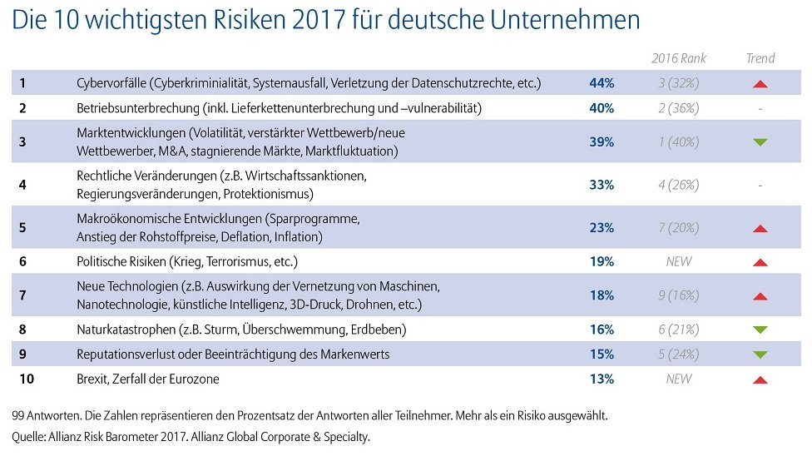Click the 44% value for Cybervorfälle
pyautogui.click(x=602, y=83)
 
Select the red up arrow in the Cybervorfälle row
pyautogui.click(x=760, y=84)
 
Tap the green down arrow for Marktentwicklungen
pyautogui.click(x=760, y=142)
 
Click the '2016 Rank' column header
pyautogui.click(x=678, y=58)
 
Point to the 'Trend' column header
pyautogui.click(x=760, y=58)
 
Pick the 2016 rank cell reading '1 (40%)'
pyautogui.click(x=678, y=142)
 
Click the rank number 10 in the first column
pyautogui.click(x=27, y=379)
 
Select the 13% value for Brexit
pyautogui.click(x=602, y=379)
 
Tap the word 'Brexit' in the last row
pyautogui.click(x=92, y=379)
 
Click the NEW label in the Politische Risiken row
pyautogui.click(x=678, y=261)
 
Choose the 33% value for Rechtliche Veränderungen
pyautogui.click(x=602, y=185)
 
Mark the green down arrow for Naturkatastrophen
pyautogui.click(x=760, y=330)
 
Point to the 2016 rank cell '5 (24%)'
pyautogui.click(x=678, y=354)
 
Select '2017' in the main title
pyautogui.click(x=319, y=20)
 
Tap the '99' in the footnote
pyautogui.click(x=18, y=415)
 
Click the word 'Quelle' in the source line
pyautogui.click(x=28, y=437)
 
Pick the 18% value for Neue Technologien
pyautogui.click(x=602, y=295)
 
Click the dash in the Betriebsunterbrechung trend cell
pyautogui.click(x=760, y=109)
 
